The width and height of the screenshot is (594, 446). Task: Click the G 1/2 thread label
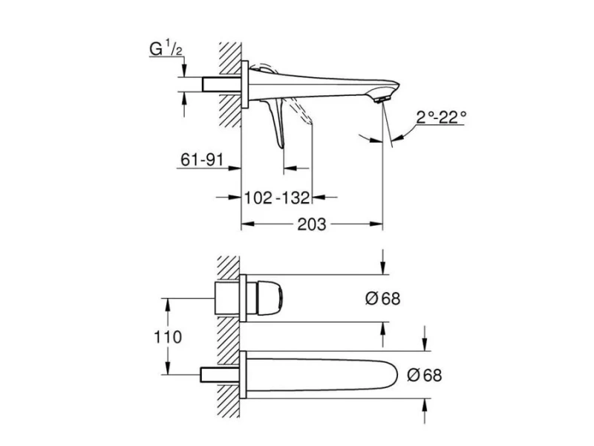pos(166,49)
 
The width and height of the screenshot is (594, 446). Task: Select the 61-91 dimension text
pos(202,160)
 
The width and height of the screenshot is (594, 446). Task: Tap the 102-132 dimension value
pos(277,198)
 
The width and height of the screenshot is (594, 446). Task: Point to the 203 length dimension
pos(311,224)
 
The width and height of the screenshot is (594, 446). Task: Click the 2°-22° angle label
pos(441,117)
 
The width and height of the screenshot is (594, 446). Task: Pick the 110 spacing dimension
pos(168,337)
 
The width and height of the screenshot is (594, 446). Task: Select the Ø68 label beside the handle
pos(382,299)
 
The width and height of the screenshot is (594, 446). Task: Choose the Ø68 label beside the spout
pos(424,375)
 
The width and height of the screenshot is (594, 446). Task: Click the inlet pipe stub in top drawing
pos(221,84)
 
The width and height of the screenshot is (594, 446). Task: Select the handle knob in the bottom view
pos(270,298)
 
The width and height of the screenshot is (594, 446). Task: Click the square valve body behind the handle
pos(227,298)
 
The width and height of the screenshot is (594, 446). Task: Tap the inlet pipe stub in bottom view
pos(220,375)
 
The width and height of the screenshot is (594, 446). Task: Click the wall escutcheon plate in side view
pos(245,84)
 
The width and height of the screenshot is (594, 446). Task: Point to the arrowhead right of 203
pos(376,224)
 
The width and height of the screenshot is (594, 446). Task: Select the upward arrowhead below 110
pos(168,368)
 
